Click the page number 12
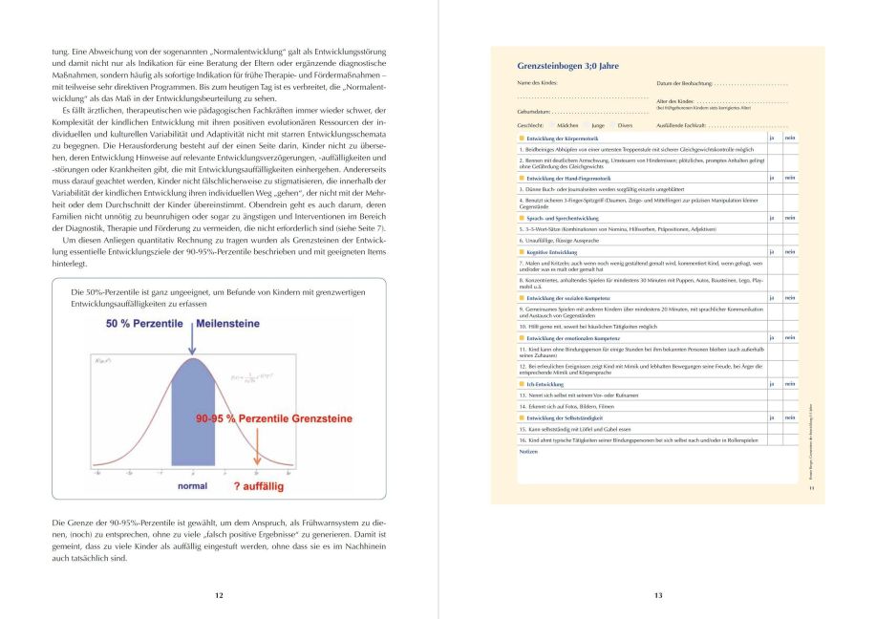pos(219,595)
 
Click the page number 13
pos(657,595)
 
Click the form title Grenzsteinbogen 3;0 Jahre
pos(567,67)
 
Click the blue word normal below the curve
pos(192,485)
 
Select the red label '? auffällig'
pos(258,486)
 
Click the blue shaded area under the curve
pos(194,420)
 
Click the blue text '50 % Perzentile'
pos(143,324)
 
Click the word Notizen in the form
pos(527,451)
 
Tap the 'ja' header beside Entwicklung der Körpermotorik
pos(772,139)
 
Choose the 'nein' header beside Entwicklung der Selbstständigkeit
pos(790,417)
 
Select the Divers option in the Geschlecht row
pos(625,125)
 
